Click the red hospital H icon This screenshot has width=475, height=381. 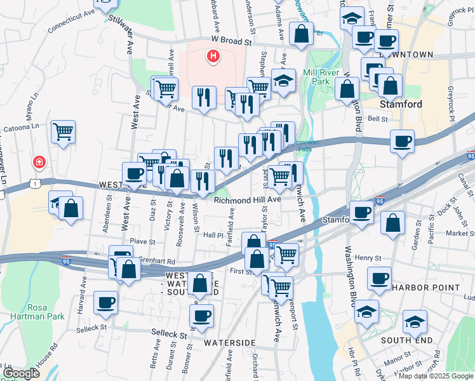[x=213, y=57]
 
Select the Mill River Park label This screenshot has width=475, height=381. [x=324, y=77]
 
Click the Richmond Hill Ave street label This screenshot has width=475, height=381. [x=247, y=199]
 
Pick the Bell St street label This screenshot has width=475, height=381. [x=377, y=118]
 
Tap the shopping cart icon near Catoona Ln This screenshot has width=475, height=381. [x=64, y=132]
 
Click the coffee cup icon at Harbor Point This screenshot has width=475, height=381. [x=380, y=278]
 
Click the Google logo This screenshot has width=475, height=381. [x=21, y=374]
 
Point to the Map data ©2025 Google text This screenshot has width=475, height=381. [x=435, y=376]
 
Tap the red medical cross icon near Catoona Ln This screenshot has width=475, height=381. [x=39, y=163]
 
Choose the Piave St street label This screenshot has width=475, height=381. [x=142, y=241]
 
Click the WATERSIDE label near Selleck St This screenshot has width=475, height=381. [x=229, y=342]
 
